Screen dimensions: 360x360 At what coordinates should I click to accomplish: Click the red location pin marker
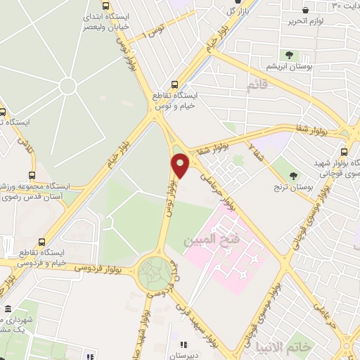(x=180, y=165)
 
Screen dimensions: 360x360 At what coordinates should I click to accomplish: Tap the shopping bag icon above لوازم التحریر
(x=306, y=10)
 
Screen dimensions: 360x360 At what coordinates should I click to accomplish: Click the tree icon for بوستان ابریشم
(x=289, y=55)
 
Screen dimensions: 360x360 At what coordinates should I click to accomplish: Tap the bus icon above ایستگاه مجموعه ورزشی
(x=32, y=175)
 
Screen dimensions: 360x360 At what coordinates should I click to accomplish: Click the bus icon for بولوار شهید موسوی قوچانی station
(x=344, y=151)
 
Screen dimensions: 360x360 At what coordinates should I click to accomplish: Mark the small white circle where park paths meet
(x=67, y=86)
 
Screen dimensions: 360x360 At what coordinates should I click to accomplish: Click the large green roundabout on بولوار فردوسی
(x=155, y=271)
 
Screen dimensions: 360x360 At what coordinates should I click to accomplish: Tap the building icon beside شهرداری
(x=8, y=309)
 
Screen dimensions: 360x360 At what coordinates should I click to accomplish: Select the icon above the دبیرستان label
(x=184, y=345)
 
